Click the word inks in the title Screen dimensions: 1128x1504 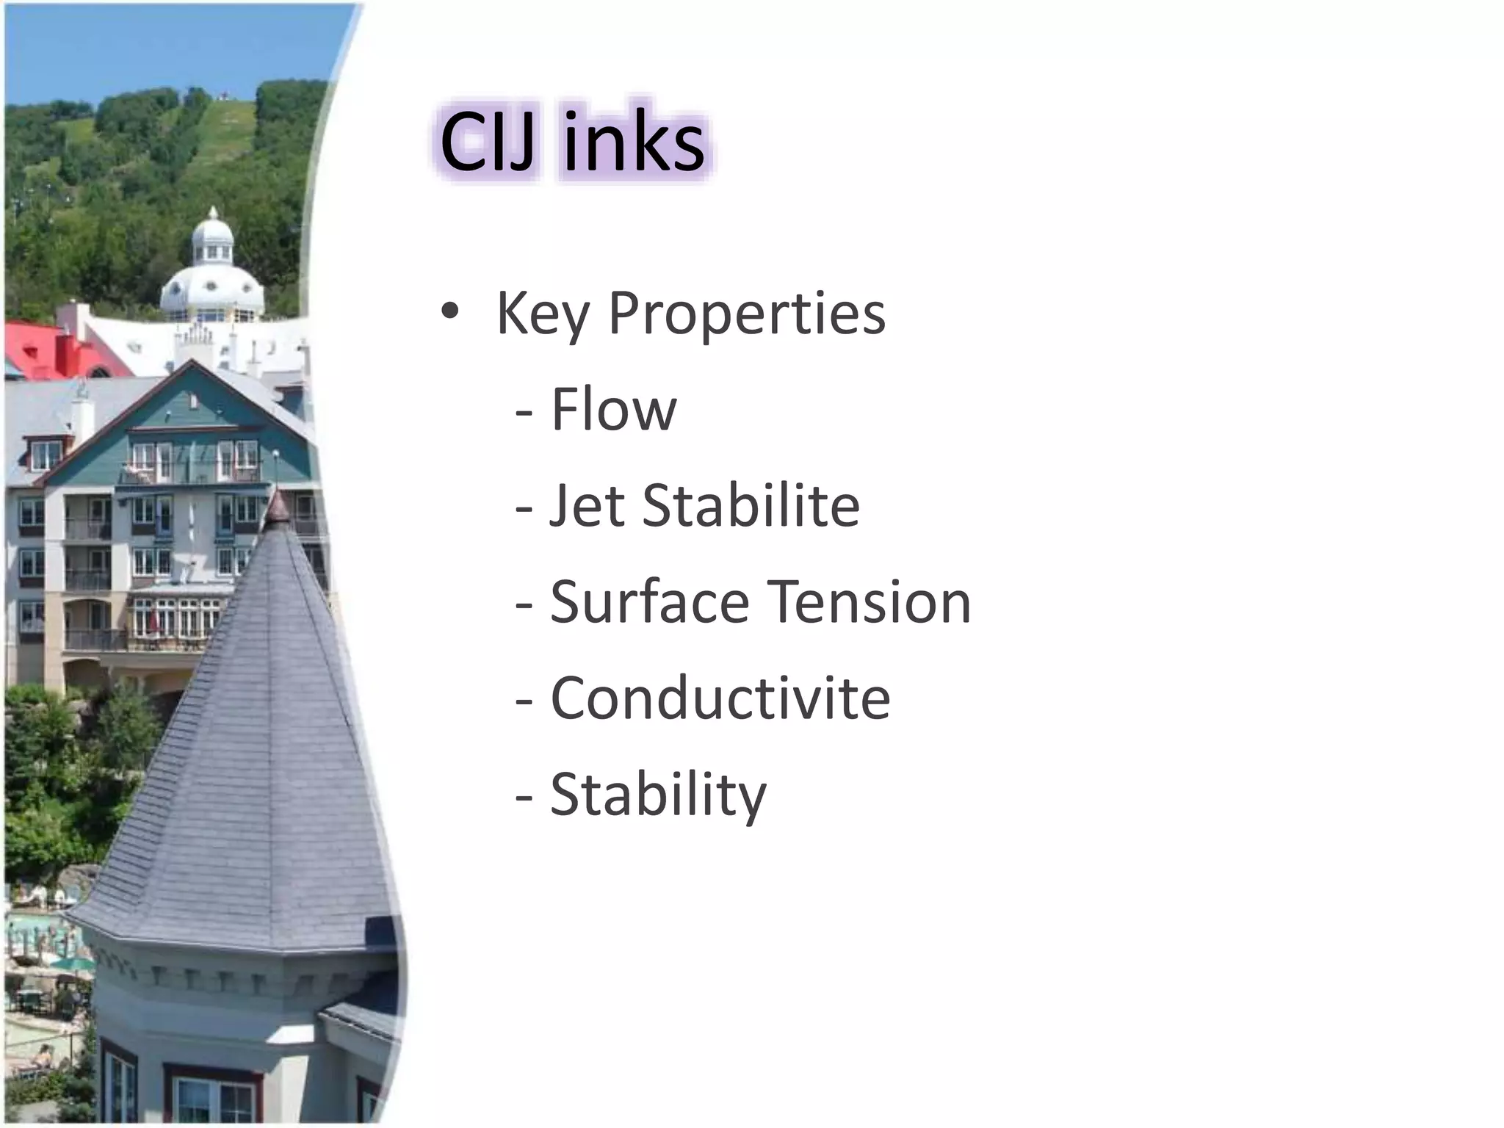click(633, 143)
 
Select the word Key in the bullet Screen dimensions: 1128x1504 click(542, 314)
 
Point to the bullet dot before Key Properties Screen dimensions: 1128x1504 click(449, 314)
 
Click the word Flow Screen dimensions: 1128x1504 click(613, 410)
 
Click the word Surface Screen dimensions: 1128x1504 click(649, 601)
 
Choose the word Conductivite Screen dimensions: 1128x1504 click(720, 698)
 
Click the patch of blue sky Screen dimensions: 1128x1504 click(147, 44)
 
